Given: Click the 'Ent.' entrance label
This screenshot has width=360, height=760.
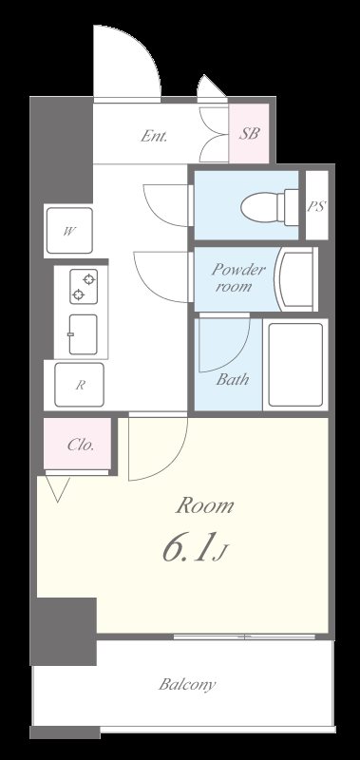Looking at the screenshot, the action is pos(154,136).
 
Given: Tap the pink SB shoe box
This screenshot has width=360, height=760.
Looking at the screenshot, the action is pos(249,133).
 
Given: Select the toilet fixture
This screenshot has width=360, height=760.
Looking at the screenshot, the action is pos(270,207).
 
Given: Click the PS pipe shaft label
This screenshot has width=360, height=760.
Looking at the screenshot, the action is pos(316,206).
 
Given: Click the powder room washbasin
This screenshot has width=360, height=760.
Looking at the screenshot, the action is pos(296,279).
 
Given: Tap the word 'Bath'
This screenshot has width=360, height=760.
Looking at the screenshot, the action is pos(232,379).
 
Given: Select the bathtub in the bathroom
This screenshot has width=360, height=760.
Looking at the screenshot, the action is pos(295,365).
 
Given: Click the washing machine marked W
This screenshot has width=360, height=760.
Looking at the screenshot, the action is pos(69,231).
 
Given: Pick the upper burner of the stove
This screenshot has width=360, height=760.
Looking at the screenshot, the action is pos(88,279).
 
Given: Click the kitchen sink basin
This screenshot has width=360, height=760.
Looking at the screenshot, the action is pos(83,334).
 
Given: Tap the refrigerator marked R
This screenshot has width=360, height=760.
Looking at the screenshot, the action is pos(79,385).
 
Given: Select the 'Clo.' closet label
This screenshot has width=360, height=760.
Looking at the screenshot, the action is pos(80,445).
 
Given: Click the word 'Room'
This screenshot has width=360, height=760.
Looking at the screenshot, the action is pos(204,506).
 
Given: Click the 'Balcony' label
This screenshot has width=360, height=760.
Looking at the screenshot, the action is pos(187,685).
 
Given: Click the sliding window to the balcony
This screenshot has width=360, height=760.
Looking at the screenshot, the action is pos(244,636).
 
